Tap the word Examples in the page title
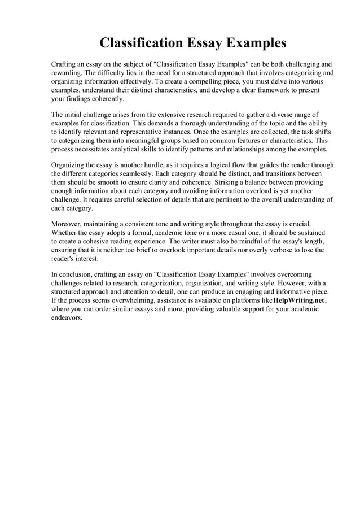click(256, 43)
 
